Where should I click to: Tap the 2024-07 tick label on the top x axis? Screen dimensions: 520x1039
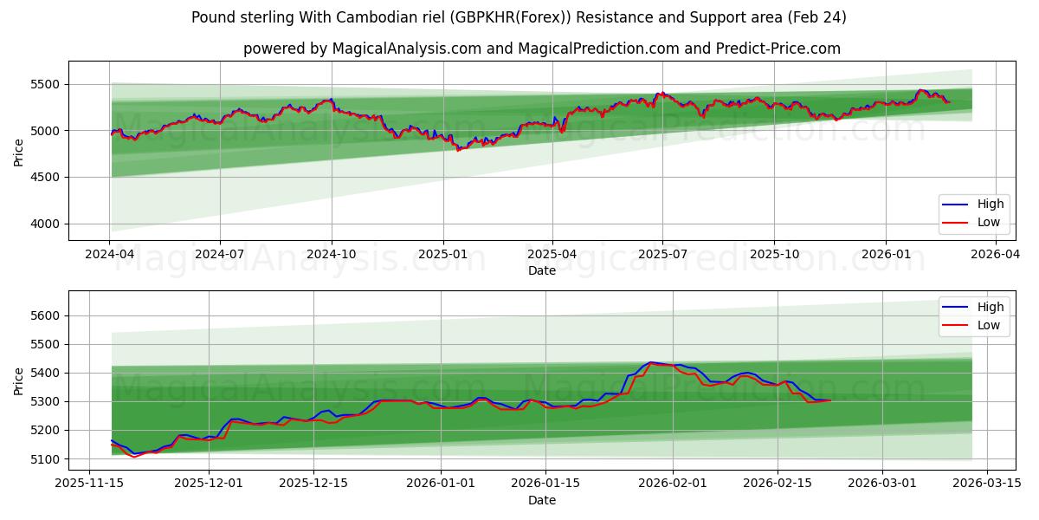220,255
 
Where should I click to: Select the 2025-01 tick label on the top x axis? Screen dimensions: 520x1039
442,255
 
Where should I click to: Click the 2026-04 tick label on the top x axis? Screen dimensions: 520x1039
996,255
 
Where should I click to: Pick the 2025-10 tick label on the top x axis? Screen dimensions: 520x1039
774,255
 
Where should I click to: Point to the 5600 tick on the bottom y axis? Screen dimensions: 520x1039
45,315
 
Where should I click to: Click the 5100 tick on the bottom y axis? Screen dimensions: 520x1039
45,458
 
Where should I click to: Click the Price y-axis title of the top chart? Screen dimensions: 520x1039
19,152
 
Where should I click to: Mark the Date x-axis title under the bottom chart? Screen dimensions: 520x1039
542,500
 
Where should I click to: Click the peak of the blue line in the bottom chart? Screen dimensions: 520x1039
650,362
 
